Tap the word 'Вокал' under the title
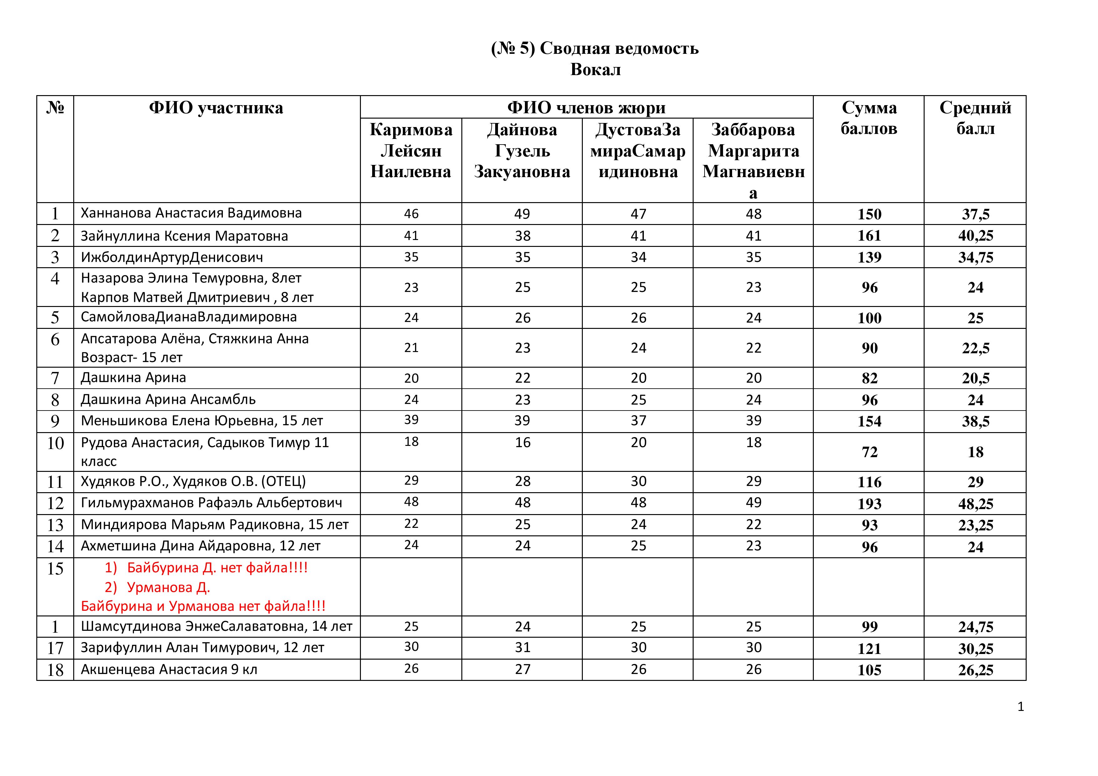point(595,70)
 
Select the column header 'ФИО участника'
point(216,108)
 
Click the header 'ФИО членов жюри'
point(586,108)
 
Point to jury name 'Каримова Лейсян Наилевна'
point(411,151)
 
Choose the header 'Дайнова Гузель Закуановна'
point(522,151)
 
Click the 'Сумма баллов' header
point(869,118)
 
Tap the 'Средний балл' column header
point(975,118)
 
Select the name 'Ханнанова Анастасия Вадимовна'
point(191,213)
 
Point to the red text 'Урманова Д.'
point(168,587)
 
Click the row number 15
point(55,569)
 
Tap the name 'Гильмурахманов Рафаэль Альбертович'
point(211,503)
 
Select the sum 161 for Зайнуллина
point(869,236)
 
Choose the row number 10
point(55,443)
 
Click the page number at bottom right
point(1020,707)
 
